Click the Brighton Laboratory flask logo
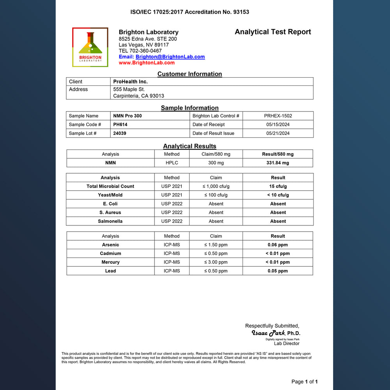(90, 47)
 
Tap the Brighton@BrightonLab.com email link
(170, 57)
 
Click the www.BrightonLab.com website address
(147, 62)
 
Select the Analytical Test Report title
(273, 32)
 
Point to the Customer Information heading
(190, 74)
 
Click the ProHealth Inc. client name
(130, 82)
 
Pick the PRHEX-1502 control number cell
(278, 116)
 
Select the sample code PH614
(120, 124)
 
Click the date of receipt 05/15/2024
(278, 124)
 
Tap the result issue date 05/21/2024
(278, 133)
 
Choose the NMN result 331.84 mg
(278, 163)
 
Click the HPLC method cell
(172, 163)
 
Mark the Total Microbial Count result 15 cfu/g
(278, 186)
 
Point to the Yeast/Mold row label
(110, 195)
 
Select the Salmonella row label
(110, 221)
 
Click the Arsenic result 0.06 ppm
(278, 245)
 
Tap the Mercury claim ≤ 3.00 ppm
(216, 262)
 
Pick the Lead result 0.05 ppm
(278, 271)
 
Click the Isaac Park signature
(268, 333)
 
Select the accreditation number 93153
(241, 12)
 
